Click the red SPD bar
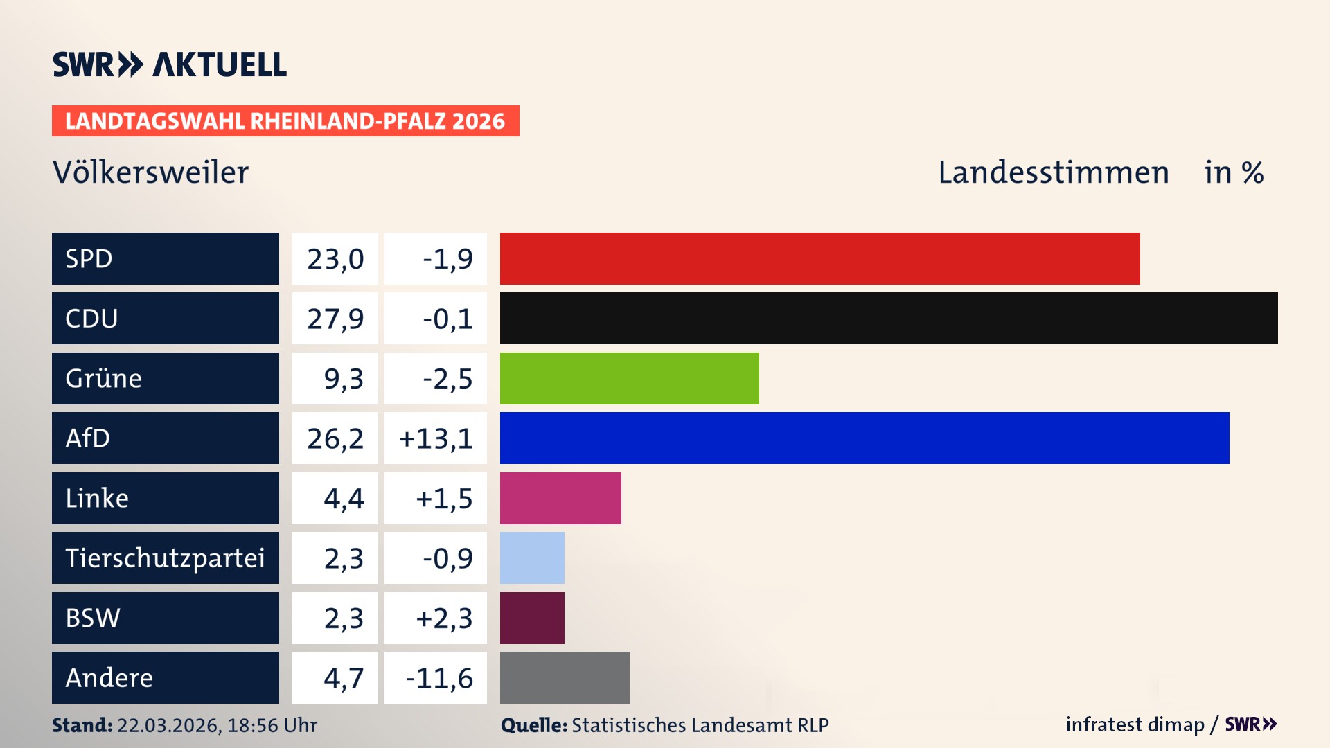[819, 258]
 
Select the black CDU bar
[889, 319]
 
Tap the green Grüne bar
[629, 378]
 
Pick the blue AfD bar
[864, 438]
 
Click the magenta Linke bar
[560, 498]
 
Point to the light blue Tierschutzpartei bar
[532, 558]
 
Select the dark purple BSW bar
[532, 618]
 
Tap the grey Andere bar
[565, 677]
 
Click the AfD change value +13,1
[436, 438]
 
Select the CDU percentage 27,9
[335, 319]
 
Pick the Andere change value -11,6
[438, 678]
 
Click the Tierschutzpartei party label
[165, 558]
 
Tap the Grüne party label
[104, 378]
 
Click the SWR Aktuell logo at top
[170, 64]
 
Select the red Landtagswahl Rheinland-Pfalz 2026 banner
[285, 121]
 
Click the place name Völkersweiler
[150, 172]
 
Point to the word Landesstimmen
[1053, 172]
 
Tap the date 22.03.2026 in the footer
[168, 725]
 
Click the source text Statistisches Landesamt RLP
[700, 725]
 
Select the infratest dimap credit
[1134, 724]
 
